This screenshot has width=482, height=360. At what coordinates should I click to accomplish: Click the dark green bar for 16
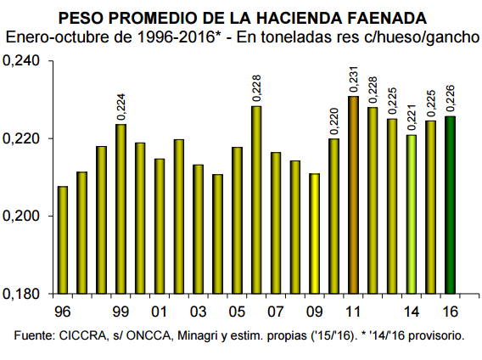click(x=451, y=205)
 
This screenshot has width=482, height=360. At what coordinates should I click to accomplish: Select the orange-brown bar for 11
click(x=354, y=194)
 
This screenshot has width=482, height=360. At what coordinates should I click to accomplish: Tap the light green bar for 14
click(x=412, y=214)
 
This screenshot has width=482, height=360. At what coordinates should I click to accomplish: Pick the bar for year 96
click(x=63, y=239)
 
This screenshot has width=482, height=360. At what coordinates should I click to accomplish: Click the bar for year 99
click(x=120, y=209)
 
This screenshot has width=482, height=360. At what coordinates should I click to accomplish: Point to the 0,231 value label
click(x=354, y=79)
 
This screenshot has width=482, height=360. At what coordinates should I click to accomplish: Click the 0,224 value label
click(x=121, y=107)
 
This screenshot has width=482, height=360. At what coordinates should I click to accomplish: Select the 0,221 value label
click(x=412, y=118)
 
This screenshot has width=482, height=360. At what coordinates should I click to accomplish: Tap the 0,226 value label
click(x=451, y=98)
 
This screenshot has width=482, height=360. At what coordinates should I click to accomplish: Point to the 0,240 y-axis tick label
click(x=21, y=61)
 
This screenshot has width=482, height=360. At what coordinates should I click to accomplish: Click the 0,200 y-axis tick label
click(x=21, y=216)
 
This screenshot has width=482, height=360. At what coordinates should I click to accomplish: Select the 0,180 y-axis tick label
click(x=21, y=294)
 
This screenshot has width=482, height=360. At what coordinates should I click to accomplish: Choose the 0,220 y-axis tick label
click(x=21, y=138)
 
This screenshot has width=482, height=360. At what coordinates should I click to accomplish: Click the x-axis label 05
click(x=237, y=312)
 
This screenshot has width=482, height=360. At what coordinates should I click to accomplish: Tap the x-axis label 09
click(x=315, y=312)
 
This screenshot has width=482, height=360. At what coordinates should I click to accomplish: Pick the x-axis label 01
click(x=160, y=312)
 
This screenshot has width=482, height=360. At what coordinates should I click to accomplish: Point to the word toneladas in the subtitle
click(x=301, y=37)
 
